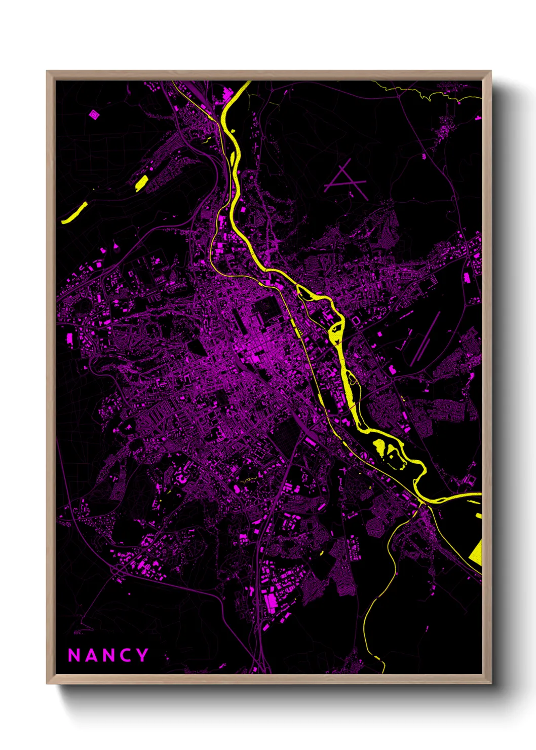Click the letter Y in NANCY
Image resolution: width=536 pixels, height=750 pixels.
tap(142, 655)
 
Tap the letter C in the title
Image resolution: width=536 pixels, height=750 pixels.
tap(125, 655)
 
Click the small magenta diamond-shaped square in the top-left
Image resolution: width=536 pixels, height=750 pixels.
tap(94, 115)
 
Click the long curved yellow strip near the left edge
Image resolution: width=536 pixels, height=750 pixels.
tap(74, 213)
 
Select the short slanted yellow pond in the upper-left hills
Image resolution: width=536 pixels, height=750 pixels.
tap(141, 182)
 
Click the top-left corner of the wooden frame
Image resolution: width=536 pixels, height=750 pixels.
tap(47, 71)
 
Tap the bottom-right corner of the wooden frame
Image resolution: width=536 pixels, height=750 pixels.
tap(490, 683)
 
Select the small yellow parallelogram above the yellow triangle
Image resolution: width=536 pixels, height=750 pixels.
tap(478, 516)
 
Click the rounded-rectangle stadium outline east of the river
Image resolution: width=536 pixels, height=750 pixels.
tap(356, 321)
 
